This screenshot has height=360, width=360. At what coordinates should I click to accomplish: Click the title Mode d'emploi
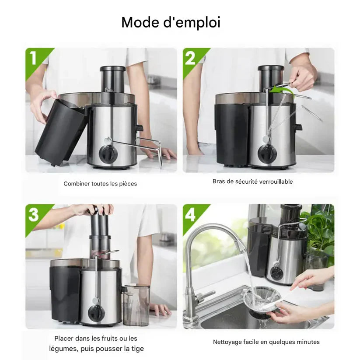coord(171,22)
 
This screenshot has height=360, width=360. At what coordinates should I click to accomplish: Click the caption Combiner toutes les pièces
coord(100,184)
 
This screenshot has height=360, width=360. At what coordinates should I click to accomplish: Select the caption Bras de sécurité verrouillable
coord(252,181)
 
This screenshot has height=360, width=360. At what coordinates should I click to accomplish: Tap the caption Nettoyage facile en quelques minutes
coord(266,342)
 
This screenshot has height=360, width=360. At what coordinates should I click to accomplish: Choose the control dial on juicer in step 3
coord(96,313)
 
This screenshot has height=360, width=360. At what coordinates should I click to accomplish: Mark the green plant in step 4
coord(322,232)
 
